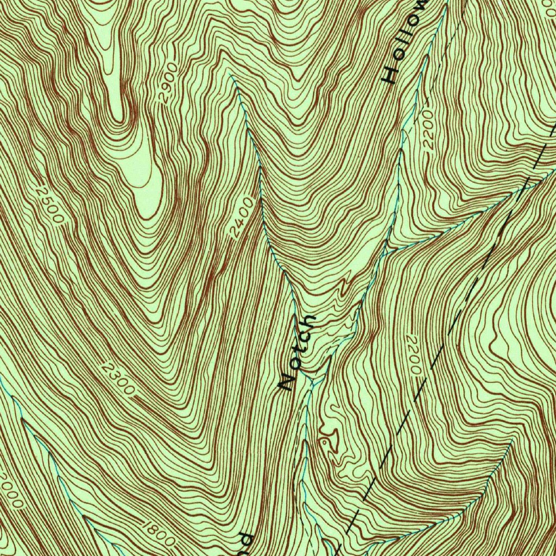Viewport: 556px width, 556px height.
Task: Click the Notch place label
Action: click(x=296, y=352)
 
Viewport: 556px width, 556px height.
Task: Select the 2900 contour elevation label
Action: click(x=168, y=83)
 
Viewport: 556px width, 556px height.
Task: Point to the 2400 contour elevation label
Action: click(x=242, y=219)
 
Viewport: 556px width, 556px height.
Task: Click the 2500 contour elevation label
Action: click(x=51, y=204)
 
